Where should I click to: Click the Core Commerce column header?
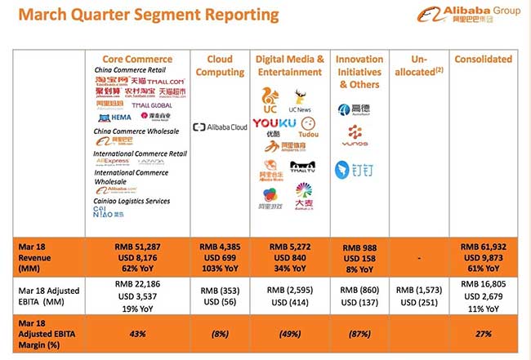click(137, 59)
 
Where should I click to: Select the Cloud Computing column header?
click(221, 65)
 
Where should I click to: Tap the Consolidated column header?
click(484, 59)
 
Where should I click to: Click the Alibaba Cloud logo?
click(220, 127)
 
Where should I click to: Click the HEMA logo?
click(109, 118)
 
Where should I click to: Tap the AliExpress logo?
click(112, 162)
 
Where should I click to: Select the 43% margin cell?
click(137, 334)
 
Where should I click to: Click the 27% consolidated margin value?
click(484, 334)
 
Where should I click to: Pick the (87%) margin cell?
click(360, 334)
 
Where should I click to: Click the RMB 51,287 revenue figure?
click(137, 247)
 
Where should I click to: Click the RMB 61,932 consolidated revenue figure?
click(484, 247)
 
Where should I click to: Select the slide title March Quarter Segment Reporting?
click(145, 16)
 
